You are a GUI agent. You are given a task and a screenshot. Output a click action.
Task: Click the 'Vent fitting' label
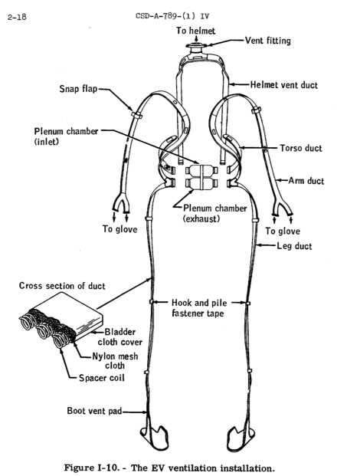(268, 41)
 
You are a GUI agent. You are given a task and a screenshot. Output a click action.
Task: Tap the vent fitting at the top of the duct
(196, 46)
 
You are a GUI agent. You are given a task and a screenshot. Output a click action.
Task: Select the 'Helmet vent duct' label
(284, 84)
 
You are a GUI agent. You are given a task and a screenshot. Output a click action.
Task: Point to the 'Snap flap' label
(78, 89)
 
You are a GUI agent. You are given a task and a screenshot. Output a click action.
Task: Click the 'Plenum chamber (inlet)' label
(66, 136)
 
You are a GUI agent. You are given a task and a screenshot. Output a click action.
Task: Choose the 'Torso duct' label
(301, 148)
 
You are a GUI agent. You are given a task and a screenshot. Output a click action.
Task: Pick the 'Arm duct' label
(306, 181)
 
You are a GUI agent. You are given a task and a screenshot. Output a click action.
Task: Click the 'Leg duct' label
(294, 246)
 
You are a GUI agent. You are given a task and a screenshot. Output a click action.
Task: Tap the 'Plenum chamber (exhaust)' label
(214, 213)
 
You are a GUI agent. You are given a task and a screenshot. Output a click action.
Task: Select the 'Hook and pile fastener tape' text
(199, 308)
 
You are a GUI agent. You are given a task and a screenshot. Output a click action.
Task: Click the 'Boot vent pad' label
(94, 411)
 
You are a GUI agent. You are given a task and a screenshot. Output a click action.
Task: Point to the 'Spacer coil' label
(102, 378)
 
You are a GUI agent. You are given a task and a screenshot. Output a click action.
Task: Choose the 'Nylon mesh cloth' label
(115, 361)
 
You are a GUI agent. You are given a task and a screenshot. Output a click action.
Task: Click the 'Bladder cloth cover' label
(119, 337)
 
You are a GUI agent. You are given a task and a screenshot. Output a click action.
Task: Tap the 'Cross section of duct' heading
(62, 286)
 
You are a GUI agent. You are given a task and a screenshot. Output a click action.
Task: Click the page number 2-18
(17, 17)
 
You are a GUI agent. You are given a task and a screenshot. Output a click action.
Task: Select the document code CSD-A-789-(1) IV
(172, 16)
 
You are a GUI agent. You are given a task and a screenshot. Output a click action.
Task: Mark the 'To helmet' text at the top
(195, 31)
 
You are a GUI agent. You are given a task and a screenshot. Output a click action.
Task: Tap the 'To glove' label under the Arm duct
(283, 231)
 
